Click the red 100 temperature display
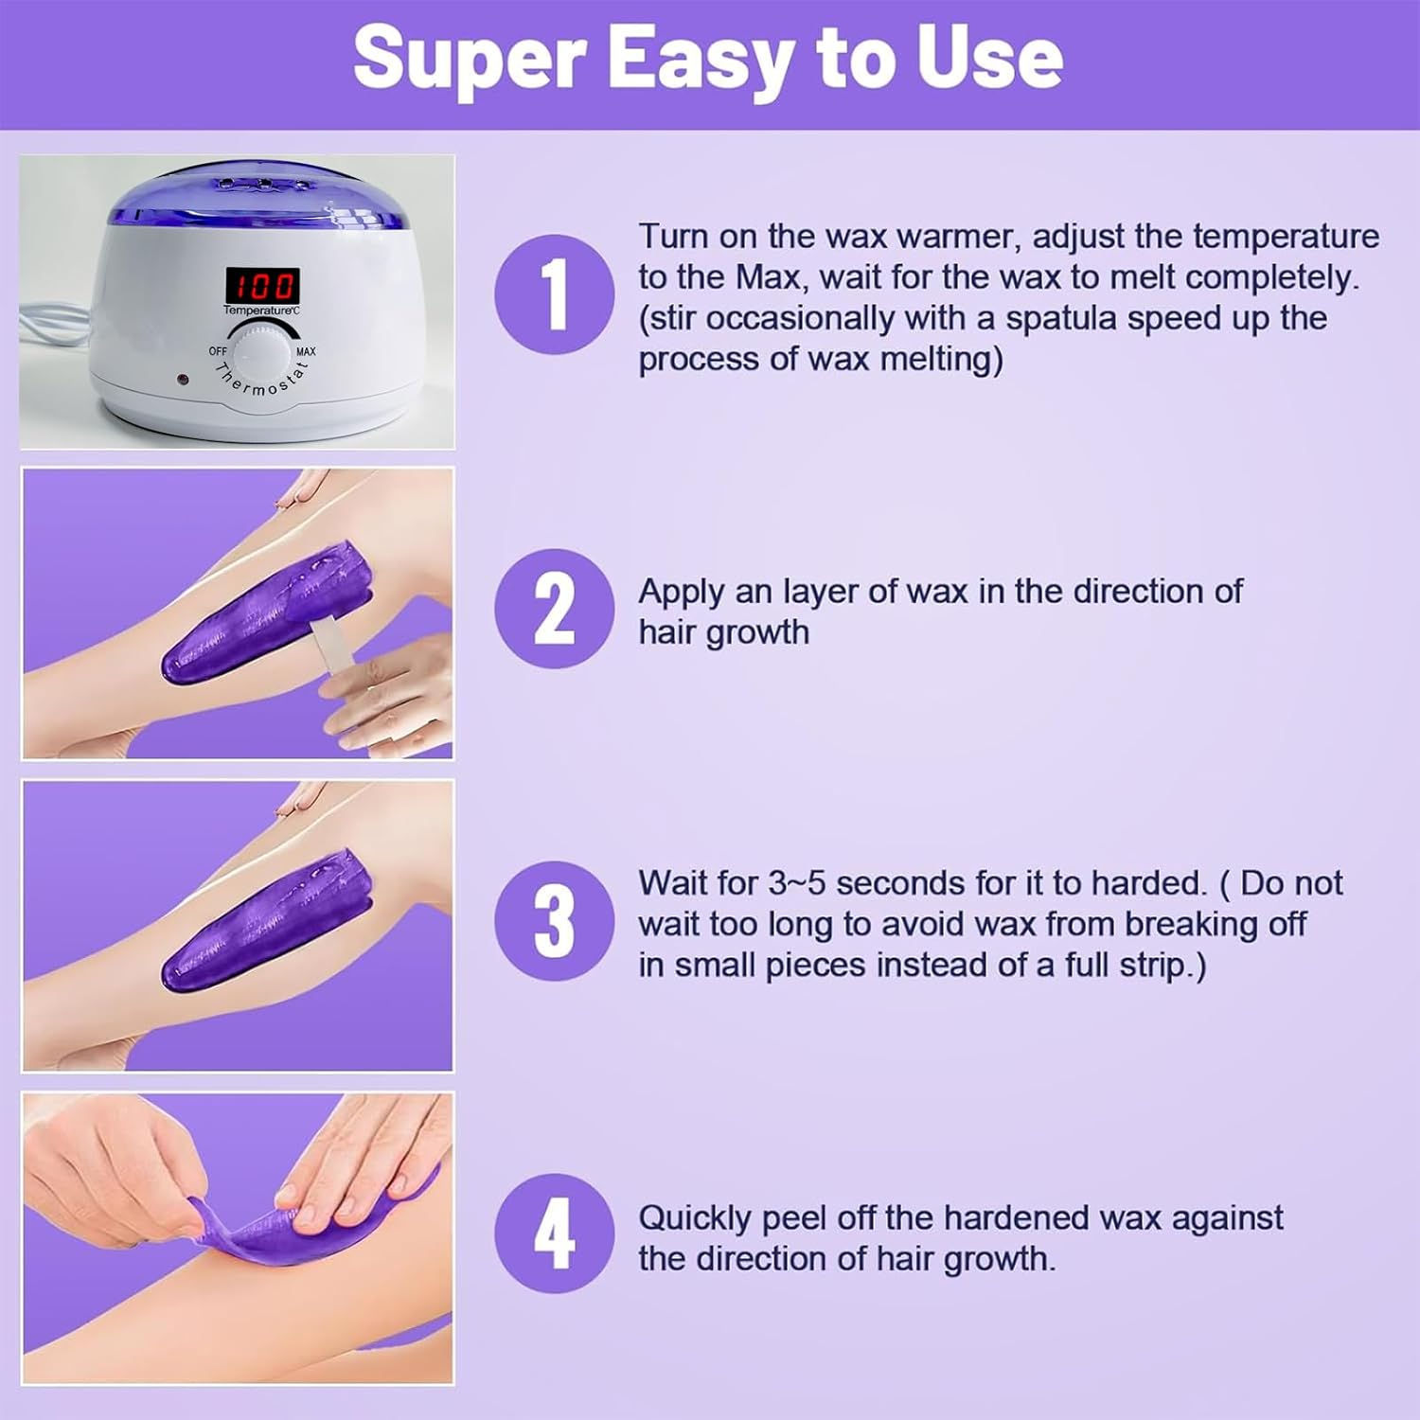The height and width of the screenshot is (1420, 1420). pyautogui.click(x=261, y=284)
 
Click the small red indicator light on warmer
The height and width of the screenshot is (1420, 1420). pyautogui.click(x=180, y=380)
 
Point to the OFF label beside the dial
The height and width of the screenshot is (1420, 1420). pyautogui.click(x=218, y=351)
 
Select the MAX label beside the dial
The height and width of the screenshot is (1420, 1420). pyautogui.click(x=306, y=351)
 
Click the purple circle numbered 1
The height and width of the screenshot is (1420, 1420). pyautogui.click(x=554, y=294)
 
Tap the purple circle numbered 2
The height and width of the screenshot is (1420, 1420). pyautogui.click(x=554, y=609)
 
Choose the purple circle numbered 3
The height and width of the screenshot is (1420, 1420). pyautogui.click(x=554, y=921)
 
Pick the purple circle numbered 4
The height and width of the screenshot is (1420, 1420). pyautogui.click(x=554, y=1234)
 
